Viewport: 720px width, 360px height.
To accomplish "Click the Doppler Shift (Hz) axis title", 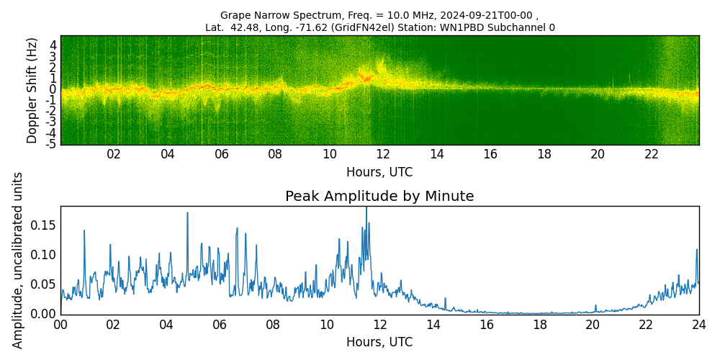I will point(32,90).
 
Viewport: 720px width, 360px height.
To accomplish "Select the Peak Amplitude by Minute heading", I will point(379,197).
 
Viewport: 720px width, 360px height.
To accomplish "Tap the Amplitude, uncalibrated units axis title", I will point(18,260).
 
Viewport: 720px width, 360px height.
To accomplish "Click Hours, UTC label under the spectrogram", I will point(379,173).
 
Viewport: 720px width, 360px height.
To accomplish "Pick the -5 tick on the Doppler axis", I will point(51,144).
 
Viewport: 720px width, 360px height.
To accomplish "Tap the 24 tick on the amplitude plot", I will point(698,325).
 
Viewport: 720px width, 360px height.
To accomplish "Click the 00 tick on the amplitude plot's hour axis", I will point(60,325).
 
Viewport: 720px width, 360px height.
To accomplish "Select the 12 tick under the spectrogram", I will point(383,154).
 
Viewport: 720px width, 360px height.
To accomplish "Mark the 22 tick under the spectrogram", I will point(652,154).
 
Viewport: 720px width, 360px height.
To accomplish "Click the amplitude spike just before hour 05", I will point(187,214).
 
